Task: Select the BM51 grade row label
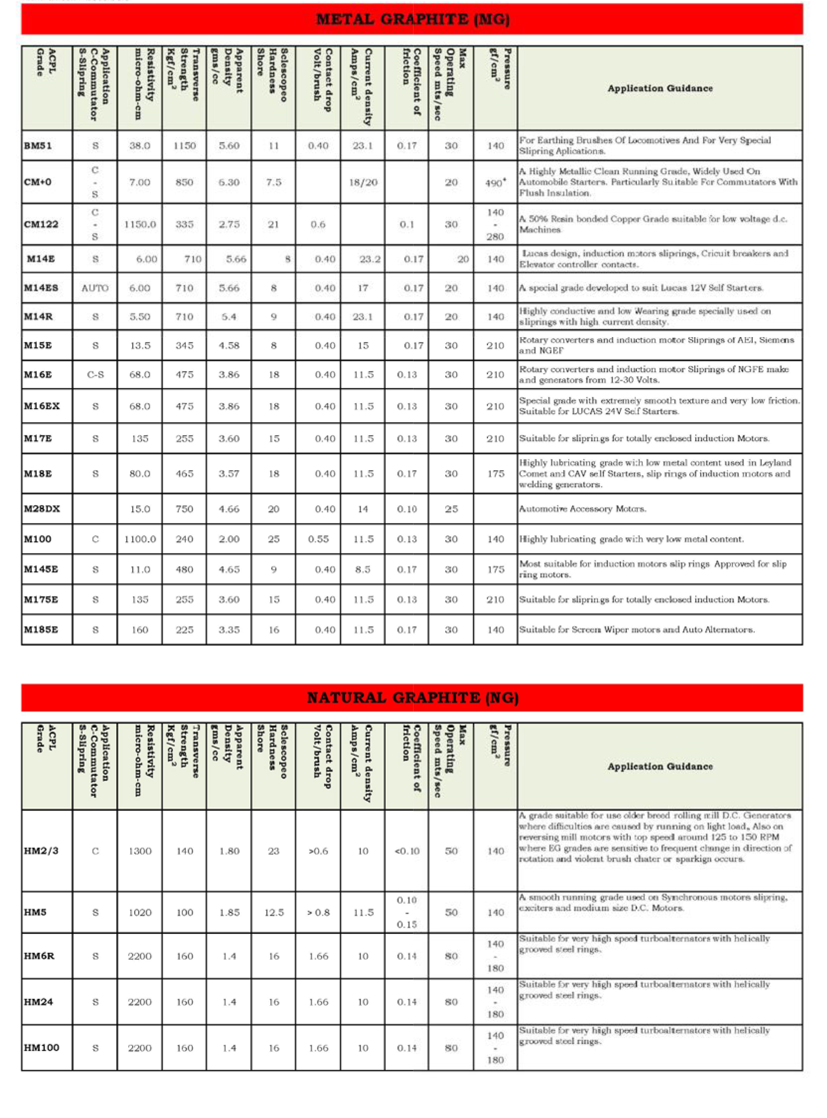pyautogui.click(x=38, y=146)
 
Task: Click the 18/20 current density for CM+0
pyautogui.click(x=363, y=182)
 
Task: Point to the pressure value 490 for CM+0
pyautogui.click(x=495, y=183)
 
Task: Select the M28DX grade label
pyautogui.click(x=42, y=509)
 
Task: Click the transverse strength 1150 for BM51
pyautogui.click(x=184, y=146)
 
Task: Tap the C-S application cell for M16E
pyautogui.click(x=95, y=374)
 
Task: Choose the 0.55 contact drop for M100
pyautogui.click(x=318, y=539)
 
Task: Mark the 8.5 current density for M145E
pyautogui.click(x=363, y=569)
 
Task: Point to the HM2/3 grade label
pyautogui.click(x=41, y=851)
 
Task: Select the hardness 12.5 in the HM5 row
pyautogui.click(x=274, y=912)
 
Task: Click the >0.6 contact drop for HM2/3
pyautogui.click(x=318, y=851)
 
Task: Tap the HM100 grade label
pyautogui.click(x=41, y=1048)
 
